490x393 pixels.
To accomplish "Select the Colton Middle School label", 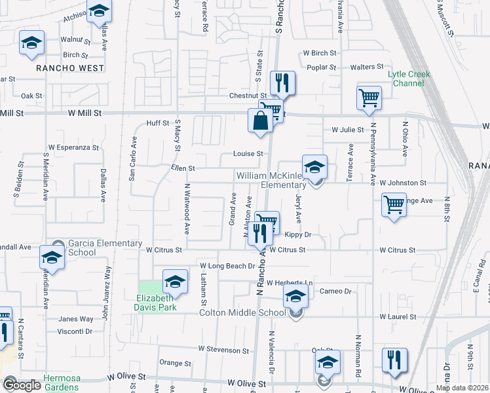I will [243, 312].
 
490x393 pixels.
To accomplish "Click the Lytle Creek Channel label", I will [409, 79].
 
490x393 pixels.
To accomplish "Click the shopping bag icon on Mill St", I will [261, 121].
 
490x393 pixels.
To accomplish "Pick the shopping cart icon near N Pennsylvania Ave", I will [369, 98].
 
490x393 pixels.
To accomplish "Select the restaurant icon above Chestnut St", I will [282, 83].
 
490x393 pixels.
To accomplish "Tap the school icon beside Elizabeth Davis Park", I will [174, 282].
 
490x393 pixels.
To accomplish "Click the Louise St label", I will [248, 154].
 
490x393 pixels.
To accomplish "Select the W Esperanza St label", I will [73, 147].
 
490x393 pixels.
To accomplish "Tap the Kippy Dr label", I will [297, 234].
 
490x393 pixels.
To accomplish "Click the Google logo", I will [21, 385].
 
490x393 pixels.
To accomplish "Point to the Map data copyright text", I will [462, 388].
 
